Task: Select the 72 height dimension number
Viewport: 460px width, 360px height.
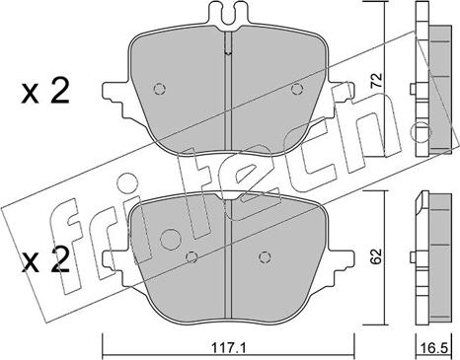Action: [376, 80]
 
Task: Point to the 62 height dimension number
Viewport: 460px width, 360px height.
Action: [376, 256]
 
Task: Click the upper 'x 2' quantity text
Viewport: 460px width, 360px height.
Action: [45, 93]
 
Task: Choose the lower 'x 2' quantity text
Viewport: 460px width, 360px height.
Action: [45, 260]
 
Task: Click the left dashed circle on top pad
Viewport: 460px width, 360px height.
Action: [160, 89]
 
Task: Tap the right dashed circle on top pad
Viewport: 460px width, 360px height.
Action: [297, 89]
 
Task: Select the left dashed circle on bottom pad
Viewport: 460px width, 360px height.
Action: [192, 257]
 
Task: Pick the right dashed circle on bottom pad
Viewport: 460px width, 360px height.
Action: [265, 257]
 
